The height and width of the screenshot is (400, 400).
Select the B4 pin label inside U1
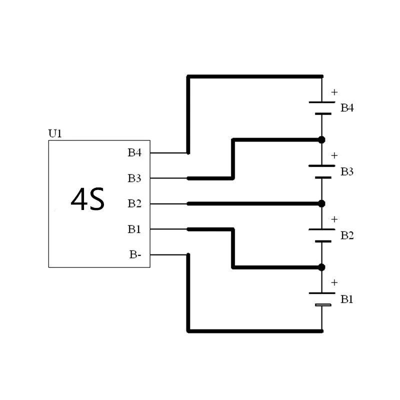point(134,152)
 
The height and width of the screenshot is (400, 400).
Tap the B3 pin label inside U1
point(134,178)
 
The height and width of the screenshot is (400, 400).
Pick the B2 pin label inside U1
point(134,203)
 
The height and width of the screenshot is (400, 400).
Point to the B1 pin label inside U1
point(134,229)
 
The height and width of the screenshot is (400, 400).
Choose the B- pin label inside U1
point(135,255)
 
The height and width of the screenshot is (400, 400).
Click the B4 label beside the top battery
point(347,108)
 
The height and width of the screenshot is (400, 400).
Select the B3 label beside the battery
point(347,171)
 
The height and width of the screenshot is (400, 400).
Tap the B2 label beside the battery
point(347,235)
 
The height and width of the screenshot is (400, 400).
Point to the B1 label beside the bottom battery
point(347,299)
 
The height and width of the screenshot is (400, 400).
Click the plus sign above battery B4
point(334,92)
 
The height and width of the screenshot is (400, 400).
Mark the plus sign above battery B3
point(334,155)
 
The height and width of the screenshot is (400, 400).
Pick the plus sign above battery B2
point(334,219)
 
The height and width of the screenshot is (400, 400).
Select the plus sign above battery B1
point(334,283)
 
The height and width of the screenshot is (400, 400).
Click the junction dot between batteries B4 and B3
point(321,139)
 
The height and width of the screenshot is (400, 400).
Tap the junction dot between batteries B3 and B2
point(321,203)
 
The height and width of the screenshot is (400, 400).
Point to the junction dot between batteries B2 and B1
point(321,267)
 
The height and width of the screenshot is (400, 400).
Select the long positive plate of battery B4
point(321,102)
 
